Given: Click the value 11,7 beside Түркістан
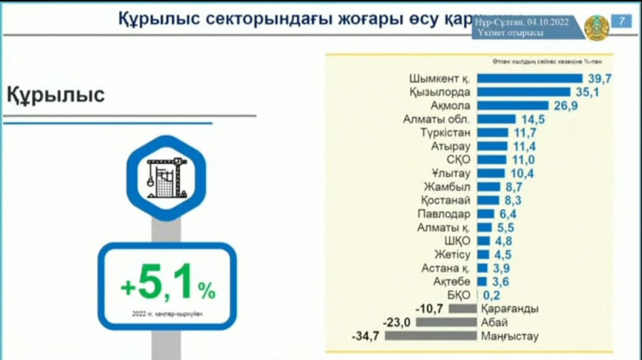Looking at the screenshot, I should pyautogui.click(x=525, y=133).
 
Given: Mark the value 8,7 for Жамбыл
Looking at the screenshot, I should pyautogui.click(x=514, y=187).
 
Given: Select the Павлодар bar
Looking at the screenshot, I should pyautogui.click(x=485, y=213).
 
